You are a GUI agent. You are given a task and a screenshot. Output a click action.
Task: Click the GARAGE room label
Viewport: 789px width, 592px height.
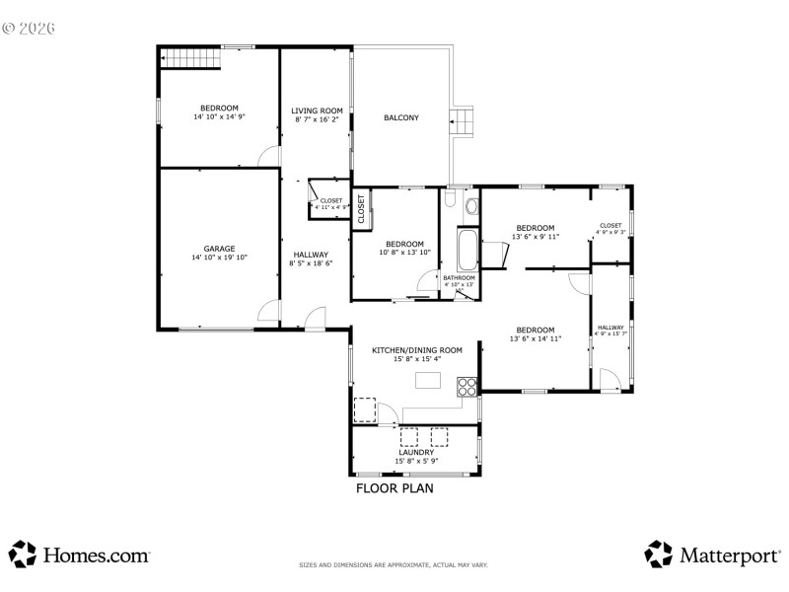coord(219,249)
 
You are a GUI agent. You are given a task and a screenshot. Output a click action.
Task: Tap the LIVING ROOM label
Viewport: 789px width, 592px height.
coord(317,111)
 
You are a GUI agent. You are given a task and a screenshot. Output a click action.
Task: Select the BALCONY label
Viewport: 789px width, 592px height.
coord(401,118)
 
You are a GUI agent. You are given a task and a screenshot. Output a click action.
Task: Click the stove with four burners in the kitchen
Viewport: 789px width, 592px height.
coord(467,388)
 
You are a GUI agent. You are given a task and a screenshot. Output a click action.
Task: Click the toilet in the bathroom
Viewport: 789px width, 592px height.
coord(450,201)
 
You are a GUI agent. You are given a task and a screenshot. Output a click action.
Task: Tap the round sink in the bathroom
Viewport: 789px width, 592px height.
coord(471,206)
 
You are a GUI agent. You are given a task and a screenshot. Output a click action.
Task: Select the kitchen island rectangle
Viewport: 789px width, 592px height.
coord(427,380)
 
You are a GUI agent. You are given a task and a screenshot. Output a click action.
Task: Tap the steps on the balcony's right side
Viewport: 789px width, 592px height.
coord(462,122)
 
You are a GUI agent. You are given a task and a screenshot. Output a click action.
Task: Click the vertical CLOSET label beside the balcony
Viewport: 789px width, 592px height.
coord(361,208)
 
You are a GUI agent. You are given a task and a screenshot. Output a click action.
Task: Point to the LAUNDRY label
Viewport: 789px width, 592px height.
coord(415,453)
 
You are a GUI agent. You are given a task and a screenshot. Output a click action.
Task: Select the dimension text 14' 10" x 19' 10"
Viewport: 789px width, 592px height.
coord(219,258)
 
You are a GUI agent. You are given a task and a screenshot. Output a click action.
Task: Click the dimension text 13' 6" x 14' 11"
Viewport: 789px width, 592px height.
coord(535,338)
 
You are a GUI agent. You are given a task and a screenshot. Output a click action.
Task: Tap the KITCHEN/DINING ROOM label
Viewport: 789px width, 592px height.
coord(416,350)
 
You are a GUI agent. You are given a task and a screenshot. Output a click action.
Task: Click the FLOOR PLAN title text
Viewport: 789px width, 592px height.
coord(394,487)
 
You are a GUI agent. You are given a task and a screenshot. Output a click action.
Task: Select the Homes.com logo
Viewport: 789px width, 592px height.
coord(80,555)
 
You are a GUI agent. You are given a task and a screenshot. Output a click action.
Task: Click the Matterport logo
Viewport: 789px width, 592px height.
coord(712,555)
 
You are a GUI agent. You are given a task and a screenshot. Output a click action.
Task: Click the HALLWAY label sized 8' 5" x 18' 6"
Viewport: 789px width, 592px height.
coord(310,255)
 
